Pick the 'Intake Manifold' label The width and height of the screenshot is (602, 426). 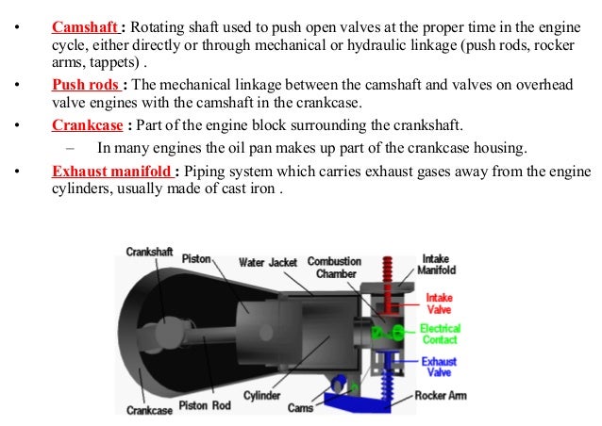(437, 264)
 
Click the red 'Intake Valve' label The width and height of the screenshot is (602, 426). (440, 303)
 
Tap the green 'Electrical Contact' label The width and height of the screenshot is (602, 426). (440, 334)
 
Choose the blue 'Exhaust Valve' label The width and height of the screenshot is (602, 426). (439, 368)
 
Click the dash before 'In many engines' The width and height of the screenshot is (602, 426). (71, 148)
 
